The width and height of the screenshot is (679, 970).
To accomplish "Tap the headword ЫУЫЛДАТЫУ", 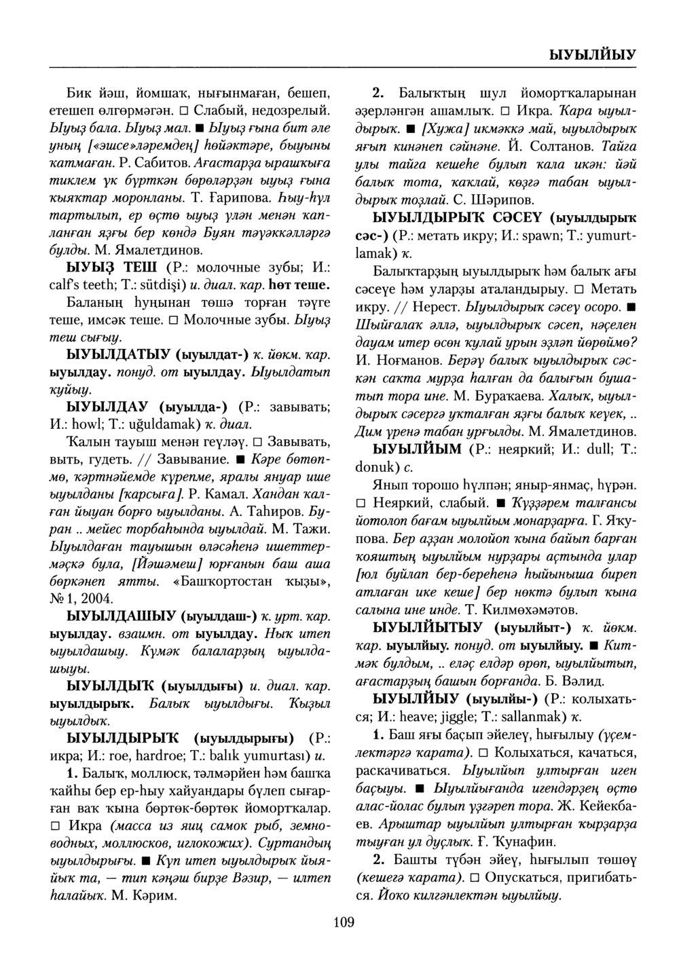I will point(116,354).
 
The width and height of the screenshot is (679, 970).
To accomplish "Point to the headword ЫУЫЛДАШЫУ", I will point(120,616).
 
